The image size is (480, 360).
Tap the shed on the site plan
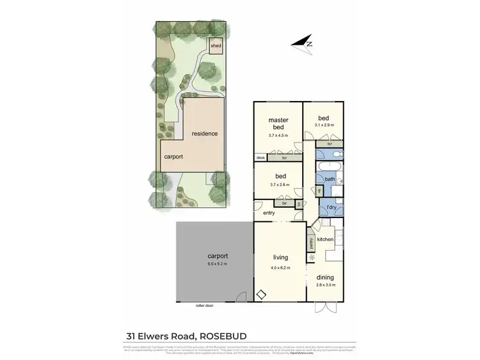(215, 46)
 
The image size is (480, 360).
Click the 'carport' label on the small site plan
(173, 156)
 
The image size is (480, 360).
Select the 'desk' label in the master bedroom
(260, 157)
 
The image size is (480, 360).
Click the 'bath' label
(330, 180)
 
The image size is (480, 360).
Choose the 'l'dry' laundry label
(332, 208)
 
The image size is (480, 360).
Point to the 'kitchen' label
(326, 239)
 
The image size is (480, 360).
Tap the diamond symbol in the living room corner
(261, 295)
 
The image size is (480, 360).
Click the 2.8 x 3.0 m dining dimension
(325, 285)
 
